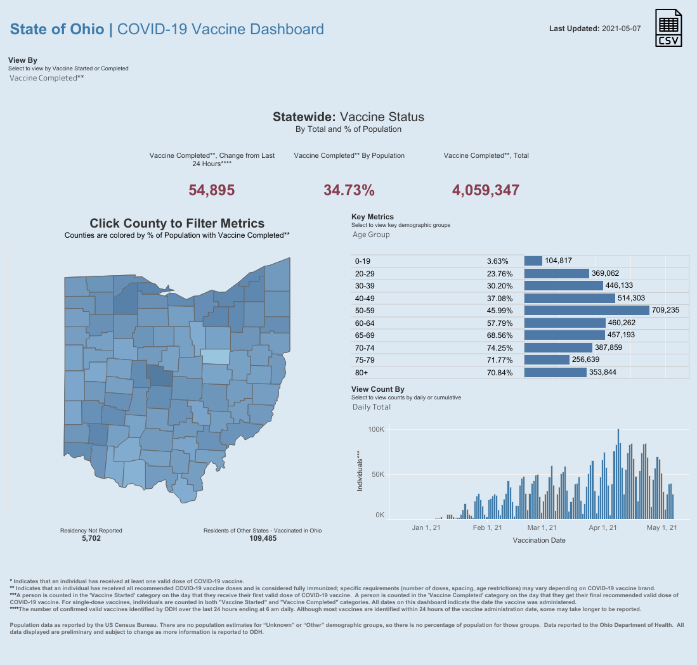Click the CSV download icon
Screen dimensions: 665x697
(x=669, y=29)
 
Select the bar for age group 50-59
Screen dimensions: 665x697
(x=587, y=311)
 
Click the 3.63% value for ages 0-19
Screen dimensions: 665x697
(x=498, y=261)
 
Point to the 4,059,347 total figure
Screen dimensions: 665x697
(x=486, y=190)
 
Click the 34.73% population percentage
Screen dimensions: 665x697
(x=349, y=190)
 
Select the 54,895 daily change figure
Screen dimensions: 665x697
(x=212, y=190)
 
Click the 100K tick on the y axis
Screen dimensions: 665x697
(x=376, y=430)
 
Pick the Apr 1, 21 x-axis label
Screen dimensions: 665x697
(x=603, y=527)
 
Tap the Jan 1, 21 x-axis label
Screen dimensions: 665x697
(x=426, y=527)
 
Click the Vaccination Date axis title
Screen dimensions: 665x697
(x=538, y=541)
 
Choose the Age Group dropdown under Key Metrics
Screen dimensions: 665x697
(x=371, y=235)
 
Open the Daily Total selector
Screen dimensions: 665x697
(x=372, y=407)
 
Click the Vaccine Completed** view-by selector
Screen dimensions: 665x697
(x=47, y=78)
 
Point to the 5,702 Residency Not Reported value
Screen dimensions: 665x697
(x=91, y=538)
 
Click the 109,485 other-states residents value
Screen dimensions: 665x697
(x=263, y=538)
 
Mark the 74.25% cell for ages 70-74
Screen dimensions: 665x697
(x=500, y=348)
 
